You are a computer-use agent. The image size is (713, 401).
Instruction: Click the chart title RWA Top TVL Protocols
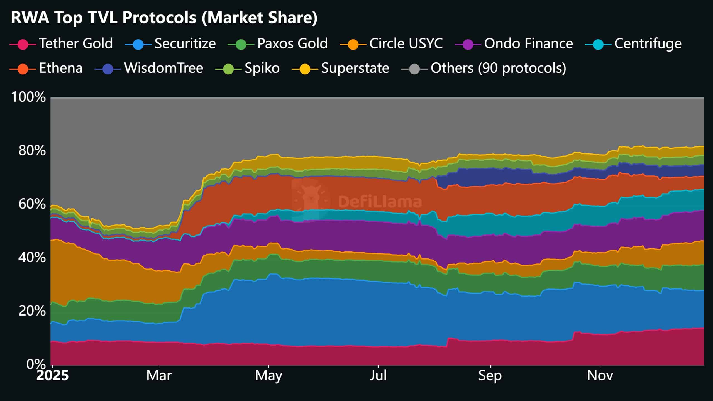tap(164, 18)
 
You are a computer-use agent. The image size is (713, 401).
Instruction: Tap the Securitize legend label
tap(185, 44)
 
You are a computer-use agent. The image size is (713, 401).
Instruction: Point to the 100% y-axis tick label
tap(28, 97)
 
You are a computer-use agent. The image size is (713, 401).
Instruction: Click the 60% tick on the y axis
tap(32, 204)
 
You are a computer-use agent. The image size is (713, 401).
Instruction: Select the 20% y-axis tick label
tap(32, 311)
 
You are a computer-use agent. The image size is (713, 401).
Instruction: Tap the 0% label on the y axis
tap(36, 364)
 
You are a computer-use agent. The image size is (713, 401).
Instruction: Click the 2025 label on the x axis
tap(52, 376)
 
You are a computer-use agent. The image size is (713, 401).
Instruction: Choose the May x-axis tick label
tap(268, 376)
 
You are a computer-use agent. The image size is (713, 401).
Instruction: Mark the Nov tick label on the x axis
tap(600, 376)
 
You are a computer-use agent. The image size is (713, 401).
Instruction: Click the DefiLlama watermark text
tap(380, 202)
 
